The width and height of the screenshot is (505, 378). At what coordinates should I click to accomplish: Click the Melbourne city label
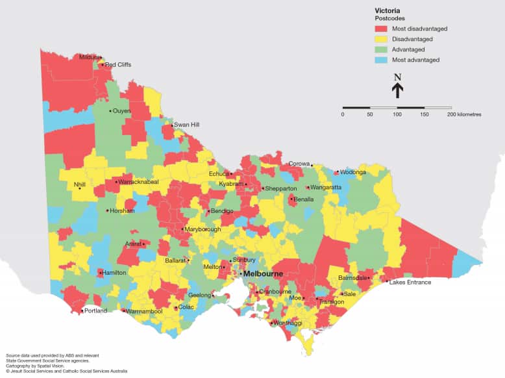(x=264, y=274)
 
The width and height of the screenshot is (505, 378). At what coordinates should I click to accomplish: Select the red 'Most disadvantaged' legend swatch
(x=382, y=29)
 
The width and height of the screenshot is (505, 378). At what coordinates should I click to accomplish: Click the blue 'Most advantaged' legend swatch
(x=382, y=60)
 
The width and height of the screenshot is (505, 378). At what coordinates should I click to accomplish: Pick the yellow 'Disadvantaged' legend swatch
(x=382, y=39)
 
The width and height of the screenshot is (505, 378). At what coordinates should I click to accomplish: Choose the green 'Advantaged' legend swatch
(x=382, y=49)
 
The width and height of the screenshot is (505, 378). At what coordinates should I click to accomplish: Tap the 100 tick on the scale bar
(x=397, y=114)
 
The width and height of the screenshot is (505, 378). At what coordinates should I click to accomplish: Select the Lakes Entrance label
(x=410, y=282)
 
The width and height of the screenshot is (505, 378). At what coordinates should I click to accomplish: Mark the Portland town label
(x=95, y=311)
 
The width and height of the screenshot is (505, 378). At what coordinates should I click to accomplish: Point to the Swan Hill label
(x=186, y=124)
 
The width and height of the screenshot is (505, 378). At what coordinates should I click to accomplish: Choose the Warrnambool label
(x=144, y=311)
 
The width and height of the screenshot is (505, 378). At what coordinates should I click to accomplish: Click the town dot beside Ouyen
(x=110, y=111)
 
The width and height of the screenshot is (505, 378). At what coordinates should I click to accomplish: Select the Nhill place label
(x=80, y=184)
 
